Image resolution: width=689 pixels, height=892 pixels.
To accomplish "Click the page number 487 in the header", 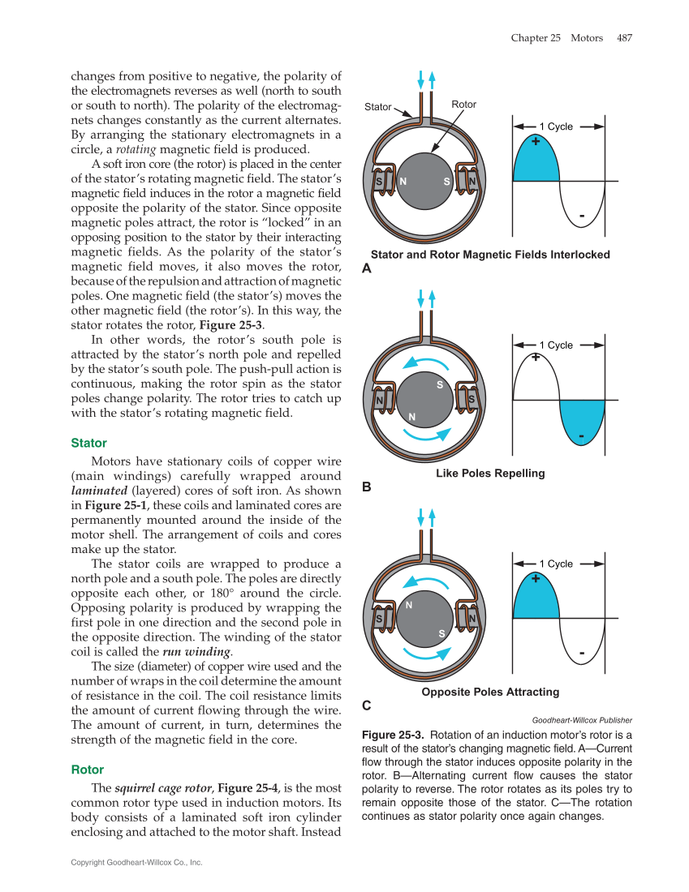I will click(624, 38).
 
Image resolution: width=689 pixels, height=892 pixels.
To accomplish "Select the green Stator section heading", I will click(88, 444).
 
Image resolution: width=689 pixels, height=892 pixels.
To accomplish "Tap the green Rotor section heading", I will click(88, 769).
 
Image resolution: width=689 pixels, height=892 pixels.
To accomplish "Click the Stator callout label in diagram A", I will click(377, 107).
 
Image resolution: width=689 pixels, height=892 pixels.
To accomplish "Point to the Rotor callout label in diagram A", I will click(464, 105).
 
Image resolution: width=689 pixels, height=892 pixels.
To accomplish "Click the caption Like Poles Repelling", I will click(490, 474).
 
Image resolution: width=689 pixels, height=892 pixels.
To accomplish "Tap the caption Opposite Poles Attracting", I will click(490, 692).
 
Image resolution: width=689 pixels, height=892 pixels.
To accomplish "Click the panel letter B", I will click(366, 487).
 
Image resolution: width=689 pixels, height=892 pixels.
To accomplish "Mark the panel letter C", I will click(366, 706).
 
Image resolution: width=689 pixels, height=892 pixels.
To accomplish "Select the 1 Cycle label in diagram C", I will click(556, 564).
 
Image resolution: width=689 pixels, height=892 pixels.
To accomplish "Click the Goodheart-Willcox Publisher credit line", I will click(582, 720).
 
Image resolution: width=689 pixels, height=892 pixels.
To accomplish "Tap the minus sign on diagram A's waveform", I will click(582, 216).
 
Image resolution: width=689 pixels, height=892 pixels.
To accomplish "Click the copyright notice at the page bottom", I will click(136, 862).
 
